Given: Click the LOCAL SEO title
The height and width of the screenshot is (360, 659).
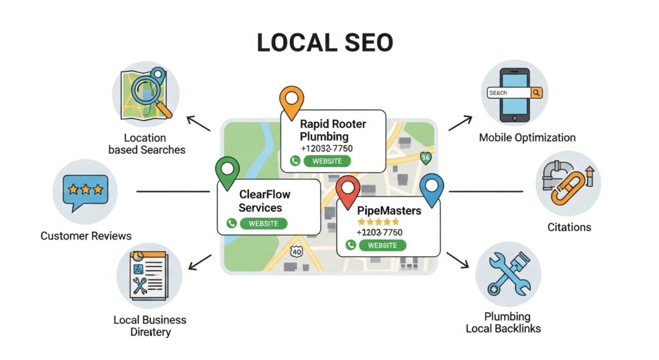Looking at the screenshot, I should point(324,43).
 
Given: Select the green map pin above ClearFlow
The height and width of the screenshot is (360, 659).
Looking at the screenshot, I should point(227,171).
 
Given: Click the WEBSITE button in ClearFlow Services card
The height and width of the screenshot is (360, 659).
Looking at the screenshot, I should point(263,223).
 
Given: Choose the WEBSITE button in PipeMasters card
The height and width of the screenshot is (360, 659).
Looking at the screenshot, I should point(382,245).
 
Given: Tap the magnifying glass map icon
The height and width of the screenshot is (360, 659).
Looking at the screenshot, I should point(145,95).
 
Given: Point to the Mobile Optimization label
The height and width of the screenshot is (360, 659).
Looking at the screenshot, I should point(527,137).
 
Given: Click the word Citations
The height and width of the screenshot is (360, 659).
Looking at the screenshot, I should point(569,227).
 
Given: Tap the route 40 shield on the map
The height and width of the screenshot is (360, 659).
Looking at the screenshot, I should point(295,252).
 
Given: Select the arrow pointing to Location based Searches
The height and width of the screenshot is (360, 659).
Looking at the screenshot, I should point(198,124).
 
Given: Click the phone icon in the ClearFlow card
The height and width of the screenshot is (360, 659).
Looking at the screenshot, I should point(232,223).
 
